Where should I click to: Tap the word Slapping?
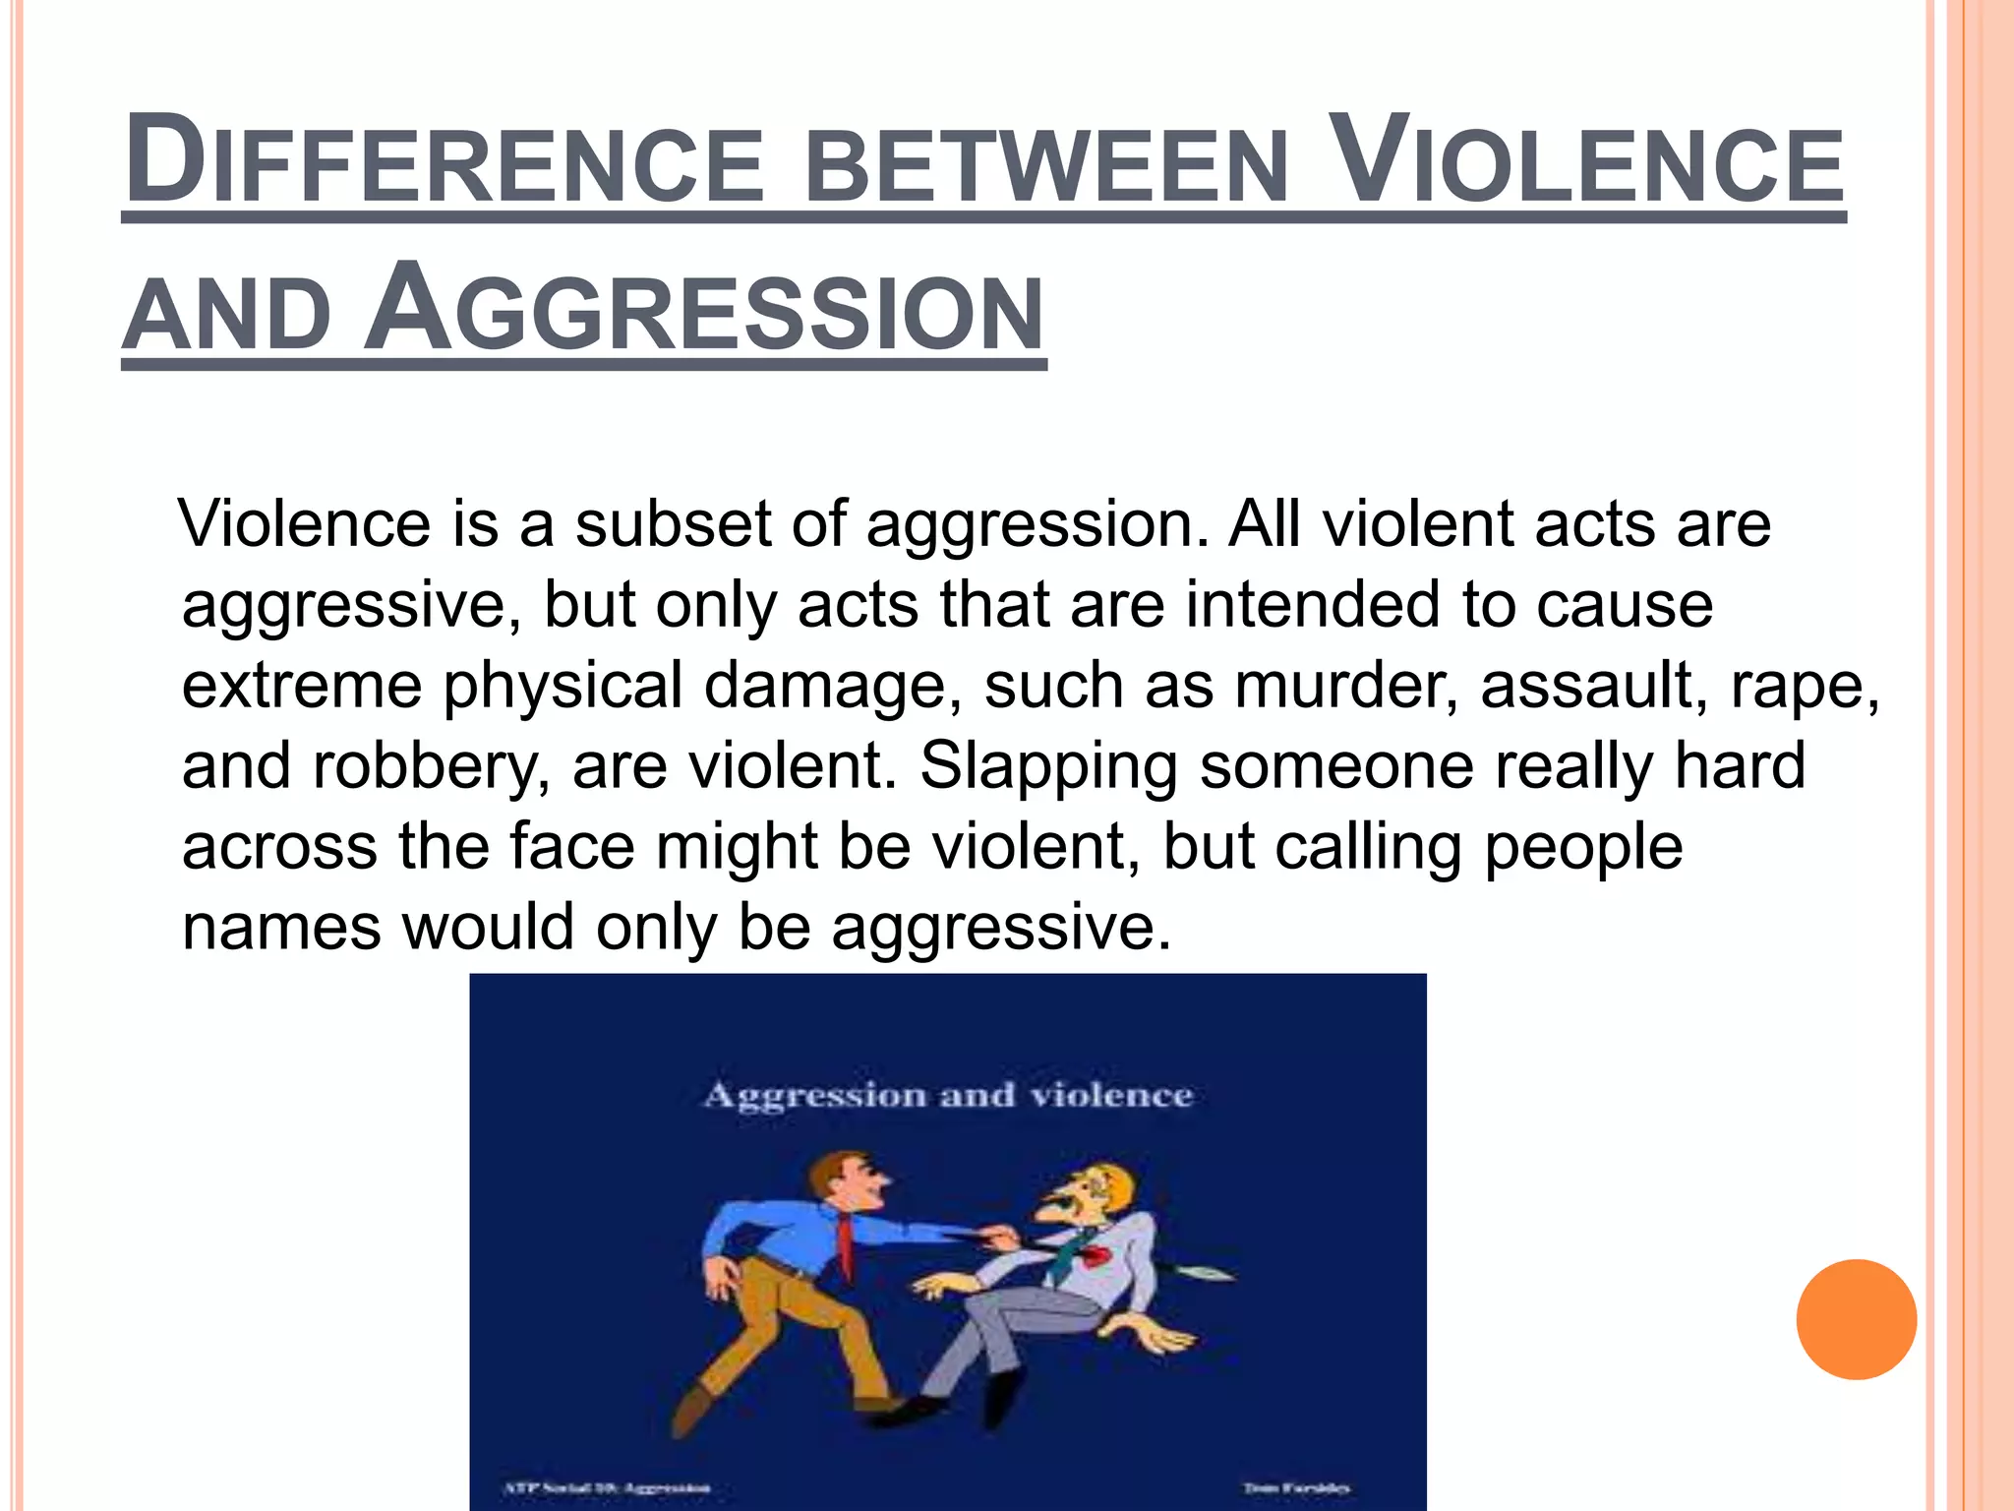click(x=1048, y=767)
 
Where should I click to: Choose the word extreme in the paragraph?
click(x=302, y=685)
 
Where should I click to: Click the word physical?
click(x=563, y=687)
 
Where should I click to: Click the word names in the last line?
click(x=281, y=927)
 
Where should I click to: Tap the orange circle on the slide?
click(x=1856, y=1319)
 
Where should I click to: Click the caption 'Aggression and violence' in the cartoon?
click(x=948, y=1096)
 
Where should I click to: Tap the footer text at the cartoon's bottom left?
click(x=607, y=1488)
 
